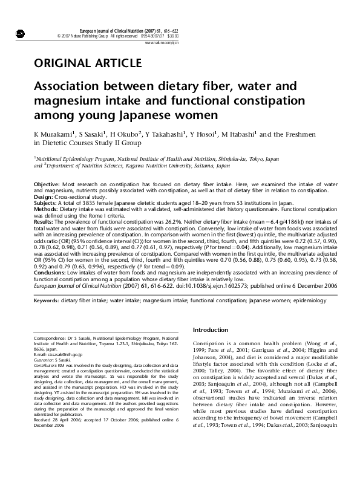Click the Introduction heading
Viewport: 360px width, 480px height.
[211, 329]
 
